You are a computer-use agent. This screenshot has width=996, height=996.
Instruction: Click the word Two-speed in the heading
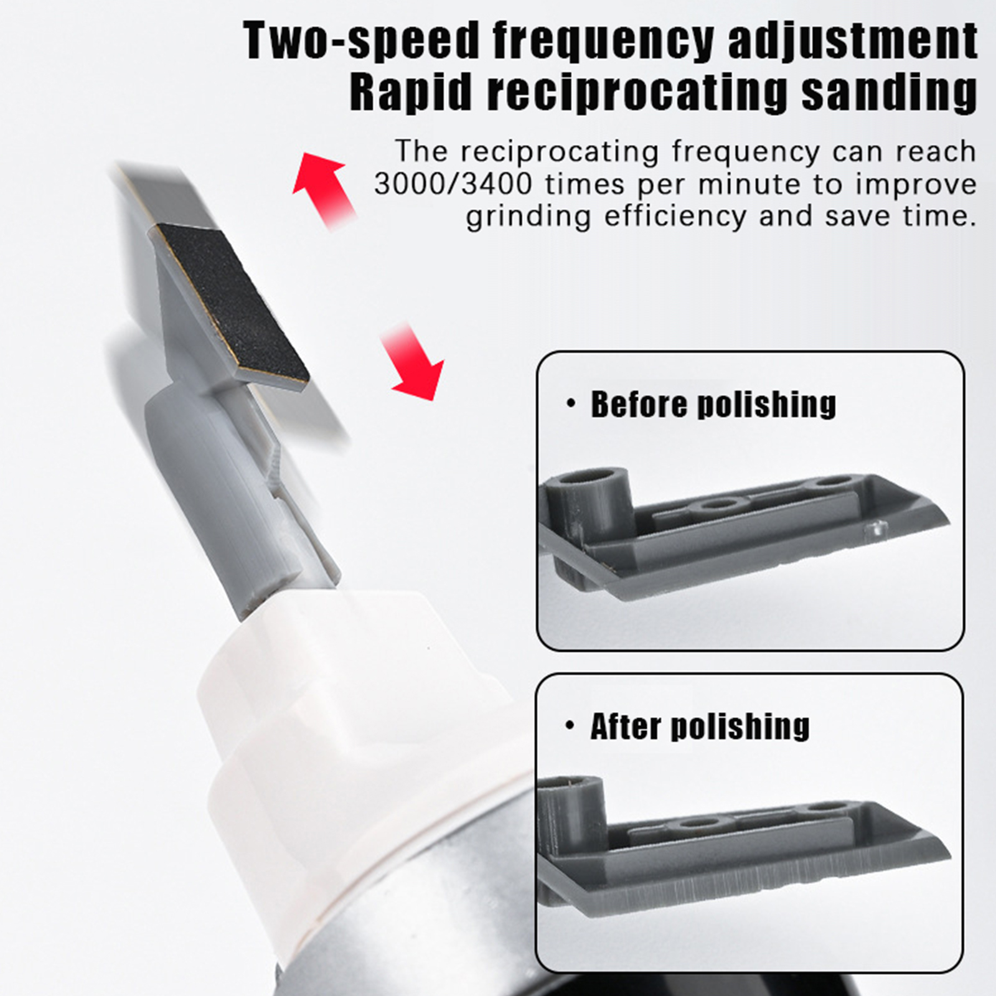tap(360, 40)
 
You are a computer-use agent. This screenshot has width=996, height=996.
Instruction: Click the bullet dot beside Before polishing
tap(571, 405)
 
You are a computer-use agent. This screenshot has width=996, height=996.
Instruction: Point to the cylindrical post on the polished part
tap(573, 809)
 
